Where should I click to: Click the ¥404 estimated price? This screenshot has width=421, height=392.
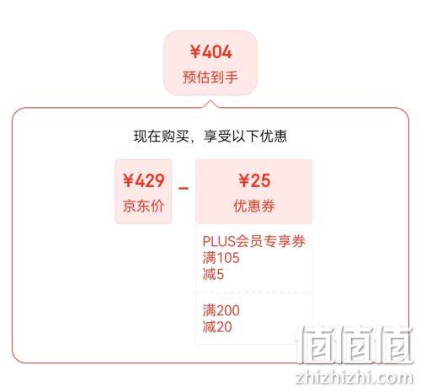[210, 51]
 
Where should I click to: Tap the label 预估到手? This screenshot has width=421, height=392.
[210, 77]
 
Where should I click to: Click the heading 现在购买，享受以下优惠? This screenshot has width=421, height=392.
[210, 137]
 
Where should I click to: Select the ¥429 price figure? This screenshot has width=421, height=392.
[143, 180]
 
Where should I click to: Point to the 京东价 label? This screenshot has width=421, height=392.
[143, 206]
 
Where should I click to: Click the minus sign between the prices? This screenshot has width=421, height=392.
[184, 188]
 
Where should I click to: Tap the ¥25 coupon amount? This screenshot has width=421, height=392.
[254, 180]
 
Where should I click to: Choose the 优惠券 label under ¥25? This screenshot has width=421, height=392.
[254, 206]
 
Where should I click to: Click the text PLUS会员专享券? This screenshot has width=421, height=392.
[253, 241]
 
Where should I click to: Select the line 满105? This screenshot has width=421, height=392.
[221, 258]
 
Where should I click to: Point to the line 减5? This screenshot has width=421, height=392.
[213, 274]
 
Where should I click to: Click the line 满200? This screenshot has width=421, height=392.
[221, 310]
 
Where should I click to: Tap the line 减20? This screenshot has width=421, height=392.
[217, 327]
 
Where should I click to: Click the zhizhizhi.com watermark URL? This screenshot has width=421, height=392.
[354, 378]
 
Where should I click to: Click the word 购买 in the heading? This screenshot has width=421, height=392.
[175, 137]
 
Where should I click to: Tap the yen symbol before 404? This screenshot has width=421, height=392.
[195, 51]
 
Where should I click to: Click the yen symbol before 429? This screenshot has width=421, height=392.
[129, 180]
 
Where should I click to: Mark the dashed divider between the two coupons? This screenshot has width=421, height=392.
[254, 293]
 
